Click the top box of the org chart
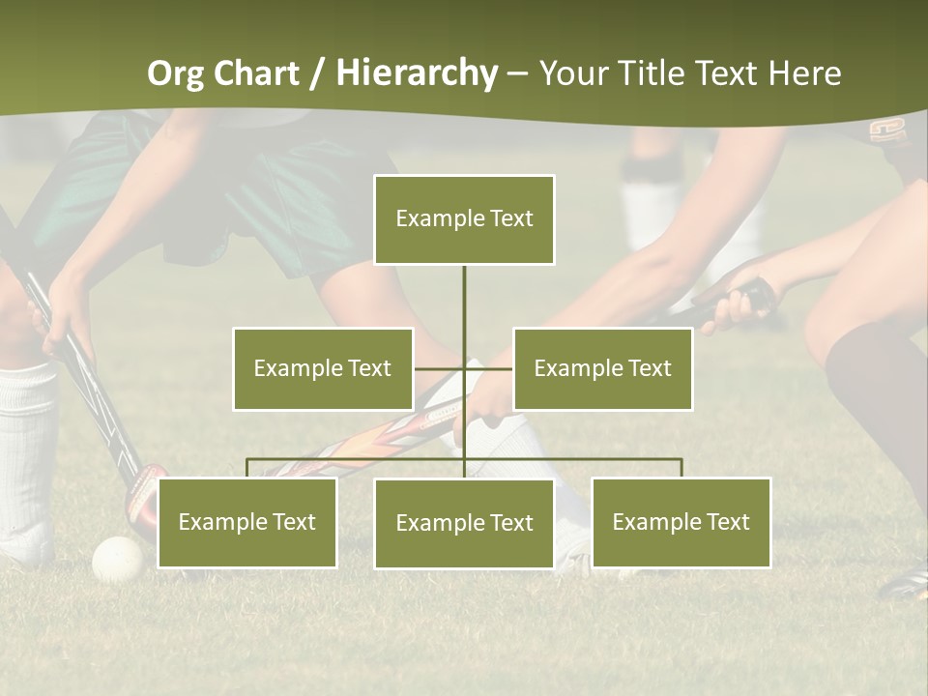pos(464,219)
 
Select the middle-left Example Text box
pos(323,368)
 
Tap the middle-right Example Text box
pos(602,368)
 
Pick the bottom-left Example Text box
pos(247,522)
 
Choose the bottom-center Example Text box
pos(464,523)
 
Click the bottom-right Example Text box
pos(681,522)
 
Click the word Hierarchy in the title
pos(417,73)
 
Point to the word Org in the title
pos(177,73)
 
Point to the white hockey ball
pos(118,558)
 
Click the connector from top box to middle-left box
pos(440,368)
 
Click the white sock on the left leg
pos(27,445)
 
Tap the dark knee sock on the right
pos(880,396)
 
